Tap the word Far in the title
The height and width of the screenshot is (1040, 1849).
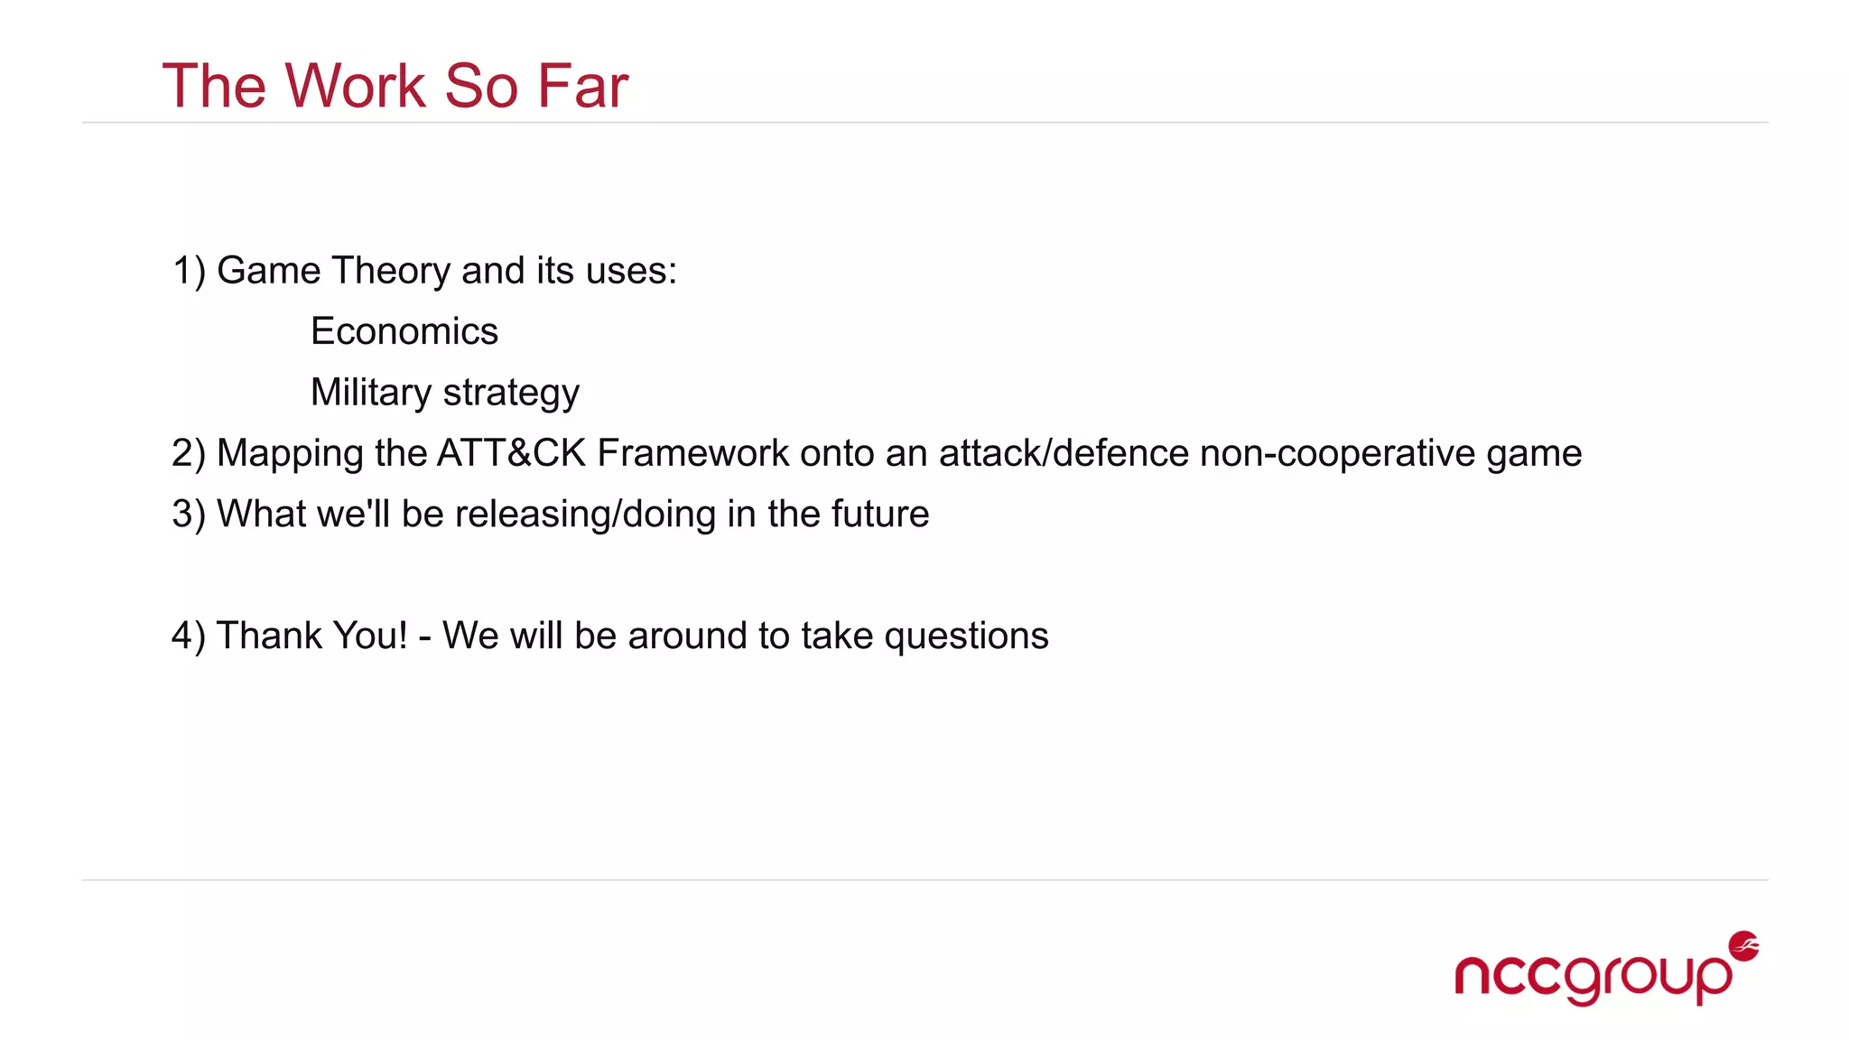[582, 87]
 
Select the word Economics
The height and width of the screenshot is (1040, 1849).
[404, 331]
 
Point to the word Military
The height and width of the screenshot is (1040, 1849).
[370, 392]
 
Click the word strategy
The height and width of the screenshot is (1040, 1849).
[511, 394]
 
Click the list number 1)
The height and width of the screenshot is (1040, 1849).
[189, 271]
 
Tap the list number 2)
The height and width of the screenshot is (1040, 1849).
[189, 453]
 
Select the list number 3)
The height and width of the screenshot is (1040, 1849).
[189, 514]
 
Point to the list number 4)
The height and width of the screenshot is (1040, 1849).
[189, 636]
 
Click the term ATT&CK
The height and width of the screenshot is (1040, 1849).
[511, 453]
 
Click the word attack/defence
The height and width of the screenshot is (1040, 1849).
[1064, 453]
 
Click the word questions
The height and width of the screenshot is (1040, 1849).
[966, 636]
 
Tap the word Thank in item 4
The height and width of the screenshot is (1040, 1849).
[260, 636]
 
